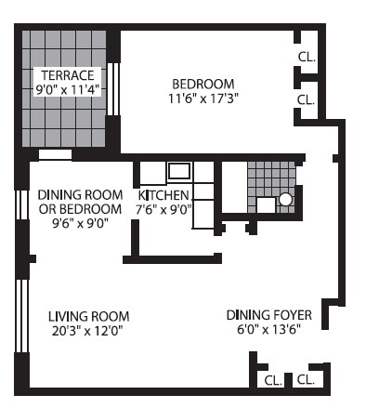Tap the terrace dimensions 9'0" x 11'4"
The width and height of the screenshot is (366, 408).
[63, 90]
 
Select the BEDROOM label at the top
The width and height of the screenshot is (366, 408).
[202, 83]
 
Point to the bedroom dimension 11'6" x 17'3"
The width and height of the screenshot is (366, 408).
[202, 99]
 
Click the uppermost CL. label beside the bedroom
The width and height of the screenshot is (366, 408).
[307, 56]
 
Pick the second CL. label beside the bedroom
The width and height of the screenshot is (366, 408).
[307, 99]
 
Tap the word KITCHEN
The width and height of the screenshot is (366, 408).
[163, 195]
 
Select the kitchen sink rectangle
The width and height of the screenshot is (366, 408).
[178, 171]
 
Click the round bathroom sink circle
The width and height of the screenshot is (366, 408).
[286, 199]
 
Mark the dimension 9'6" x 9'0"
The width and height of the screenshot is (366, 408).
[74, 223]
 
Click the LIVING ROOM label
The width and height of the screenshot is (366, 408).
[88, 315]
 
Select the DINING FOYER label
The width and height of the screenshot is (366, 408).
[268, 314]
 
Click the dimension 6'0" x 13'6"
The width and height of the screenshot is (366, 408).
[268, 329]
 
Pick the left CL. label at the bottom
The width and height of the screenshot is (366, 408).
[272, 380]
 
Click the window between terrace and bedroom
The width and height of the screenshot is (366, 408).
[114, 89]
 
